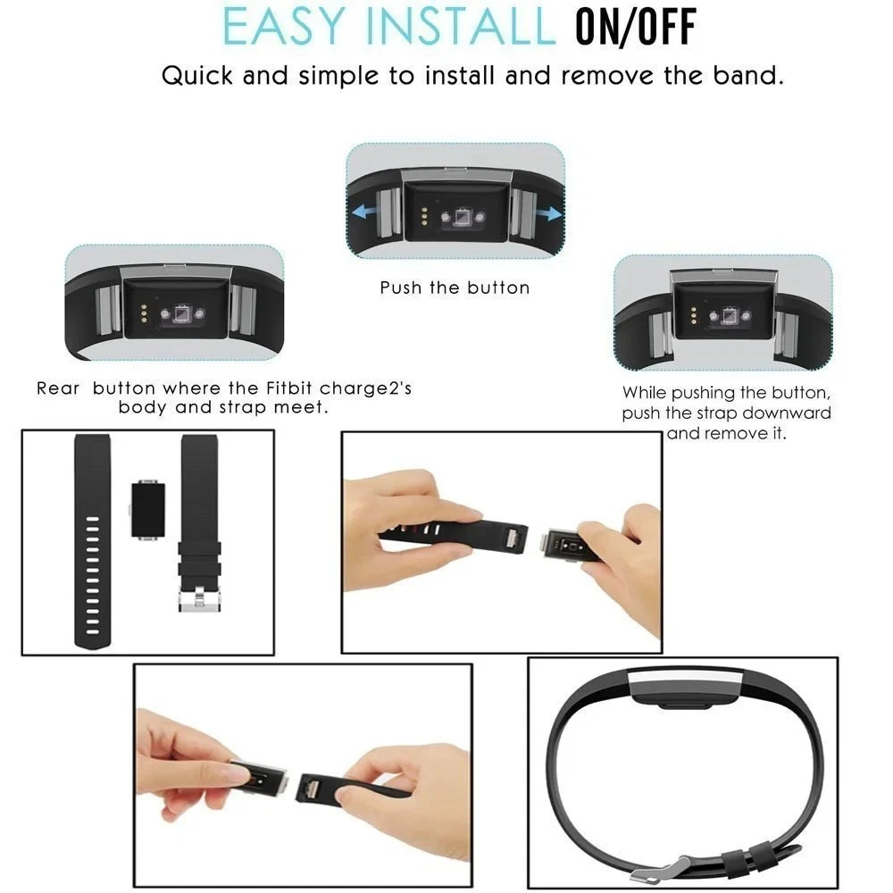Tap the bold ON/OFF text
tap(636, 27)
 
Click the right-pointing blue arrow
tap(549, 214)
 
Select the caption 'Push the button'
tap(455, 288)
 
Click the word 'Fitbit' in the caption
tap(289, 388)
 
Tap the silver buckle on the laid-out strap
tap(199, 600)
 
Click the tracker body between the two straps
tap(148, 510)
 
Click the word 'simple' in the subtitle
tap(338, 76)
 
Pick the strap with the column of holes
tap(92, 542)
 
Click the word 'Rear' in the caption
tap(58, 388)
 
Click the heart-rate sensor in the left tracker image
tap(183, 313)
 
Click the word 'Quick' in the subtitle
tap(197, 76)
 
